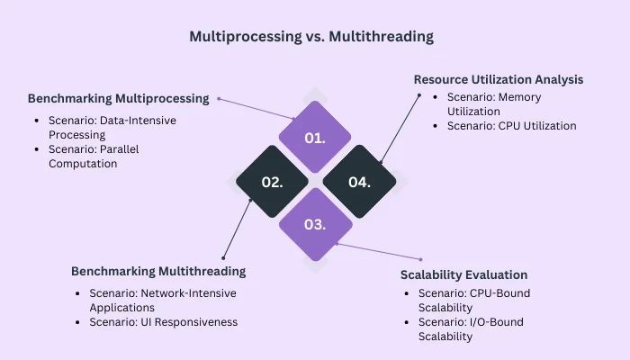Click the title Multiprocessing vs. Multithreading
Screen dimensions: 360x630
pyautogui.click(x=311, y=37)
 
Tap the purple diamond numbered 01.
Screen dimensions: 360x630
pyautogui.click(x=314, y=138)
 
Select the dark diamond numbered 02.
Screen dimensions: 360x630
pyautogui.click(x=272, y=181)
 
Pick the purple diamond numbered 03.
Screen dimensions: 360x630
pyautogui.click(x=314, y=224)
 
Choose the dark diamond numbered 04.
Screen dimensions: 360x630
pyautogui.click(x=359, y=181)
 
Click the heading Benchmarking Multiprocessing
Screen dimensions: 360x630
pyautogui.click(x=118, y=98)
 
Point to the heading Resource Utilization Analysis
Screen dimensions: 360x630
pyautogui.click(x=498, y=79)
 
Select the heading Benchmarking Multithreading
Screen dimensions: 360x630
pyautogui.click(x=157, y=271)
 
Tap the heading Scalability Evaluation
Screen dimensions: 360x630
pyautogui.click(x=463, y=274)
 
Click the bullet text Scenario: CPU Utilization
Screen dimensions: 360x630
pyautogui.click(x=511, y=126)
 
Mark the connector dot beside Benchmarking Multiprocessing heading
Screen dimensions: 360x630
pyautogui.click(x=219, y=98)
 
